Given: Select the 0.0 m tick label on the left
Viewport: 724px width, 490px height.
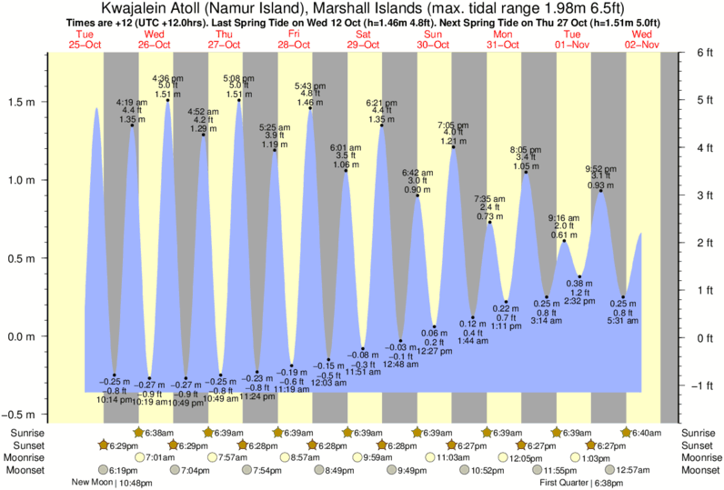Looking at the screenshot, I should [x=21, y=336].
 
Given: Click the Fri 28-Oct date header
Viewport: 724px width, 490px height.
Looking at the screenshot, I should [x=294, y=39].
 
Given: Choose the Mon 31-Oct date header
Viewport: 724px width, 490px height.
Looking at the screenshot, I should [x=502, y=39].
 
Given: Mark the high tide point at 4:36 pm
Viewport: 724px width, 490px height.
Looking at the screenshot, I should [x=168, y=100].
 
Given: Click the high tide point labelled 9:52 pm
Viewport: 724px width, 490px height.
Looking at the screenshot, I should [x=600, y=191].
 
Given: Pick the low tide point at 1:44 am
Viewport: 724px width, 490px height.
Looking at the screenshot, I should [x=473, y=317].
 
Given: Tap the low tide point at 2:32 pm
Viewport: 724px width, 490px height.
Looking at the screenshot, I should [x=579, y=276].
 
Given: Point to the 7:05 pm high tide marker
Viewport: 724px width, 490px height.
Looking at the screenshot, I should [x=453, y=147].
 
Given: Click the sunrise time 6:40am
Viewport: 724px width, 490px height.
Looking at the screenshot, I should [x=647, y=433].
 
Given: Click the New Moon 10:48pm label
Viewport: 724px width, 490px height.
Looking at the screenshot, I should [x=106, y=483].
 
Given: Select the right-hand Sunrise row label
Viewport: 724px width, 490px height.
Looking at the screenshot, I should [x=702, y=433].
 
